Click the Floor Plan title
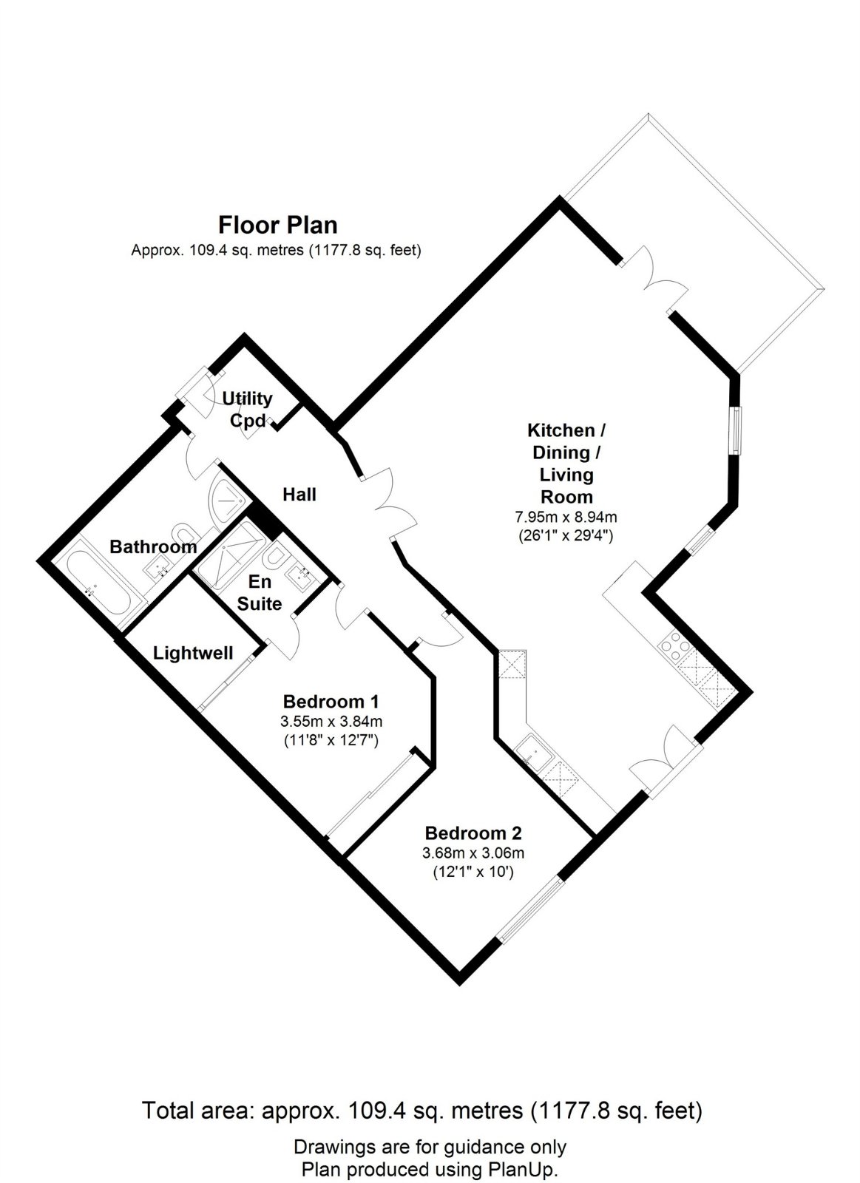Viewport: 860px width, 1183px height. (277, 224)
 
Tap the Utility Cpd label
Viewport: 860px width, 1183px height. (247, 410)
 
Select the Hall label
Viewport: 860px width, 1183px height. (299, 494)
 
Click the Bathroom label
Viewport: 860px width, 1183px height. (153, 546)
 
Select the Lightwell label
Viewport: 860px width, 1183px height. (193, 653)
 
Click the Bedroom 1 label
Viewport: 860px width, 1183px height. (331, 701)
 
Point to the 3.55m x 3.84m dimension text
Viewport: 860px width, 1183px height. (331, 721)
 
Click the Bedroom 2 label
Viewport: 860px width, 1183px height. (473, 833)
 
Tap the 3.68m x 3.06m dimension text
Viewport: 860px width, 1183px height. (473, 853)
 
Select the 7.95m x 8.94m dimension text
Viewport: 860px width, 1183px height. (566, 517)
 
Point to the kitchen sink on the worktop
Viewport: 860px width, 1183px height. (531, 752)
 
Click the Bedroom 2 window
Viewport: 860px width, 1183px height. (529, 910)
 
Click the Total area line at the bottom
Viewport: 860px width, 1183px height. (421, 1111)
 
